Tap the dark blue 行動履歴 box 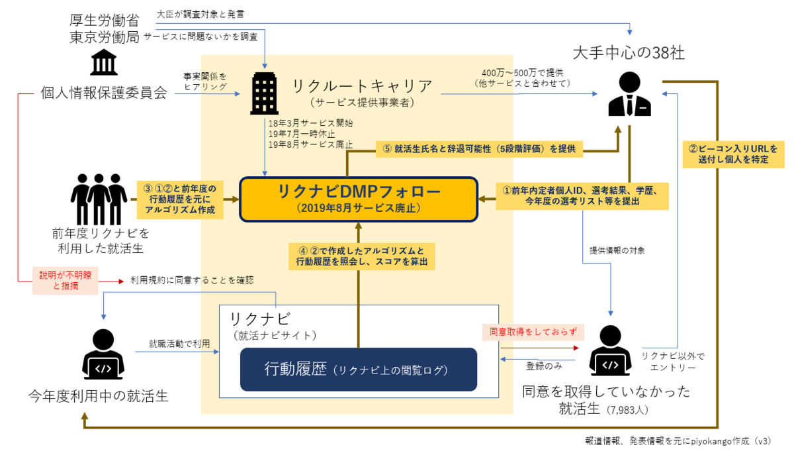(x=358, y=369)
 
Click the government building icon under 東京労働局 (x=104, y=62)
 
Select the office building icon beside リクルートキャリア (x=265, y=94)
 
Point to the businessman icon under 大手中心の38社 (x=629, y=96)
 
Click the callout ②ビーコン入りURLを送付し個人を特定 (x=732, y=154)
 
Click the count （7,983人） (x=627, y=410)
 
